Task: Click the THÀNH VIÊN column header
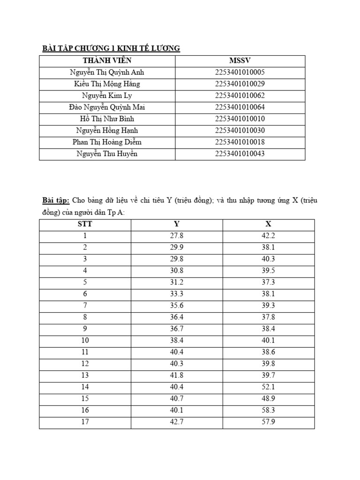coord(107,61)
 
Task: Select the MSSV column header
coord(240,61)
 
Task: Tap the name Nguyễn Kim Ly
coord(107,96)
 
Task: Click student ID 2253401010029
coord(240,84)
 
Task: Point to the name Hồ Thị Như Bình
coord(107,119)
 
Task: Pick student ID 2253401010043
coord(240,154)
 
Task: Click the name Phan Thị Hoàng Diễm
coord(107,142)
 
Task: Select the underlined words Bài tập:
coord(56,201)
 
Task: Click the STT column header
coord(85,224)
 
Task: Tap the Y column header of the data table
coord(177,224)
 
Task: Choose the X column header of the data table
coord(268,224)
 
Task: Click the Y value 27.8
coord(177,236)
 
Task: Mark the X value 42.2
coord(268,236)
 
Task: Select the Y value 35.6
coord(177,306)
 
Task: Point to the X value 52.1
coord(268,387)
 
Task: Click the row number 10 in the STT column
coord(85,340)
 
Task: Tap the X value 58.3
coord(268,411)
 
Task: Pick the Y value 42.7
coord(177,422)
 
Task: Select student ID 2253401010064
coord(240,107)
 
